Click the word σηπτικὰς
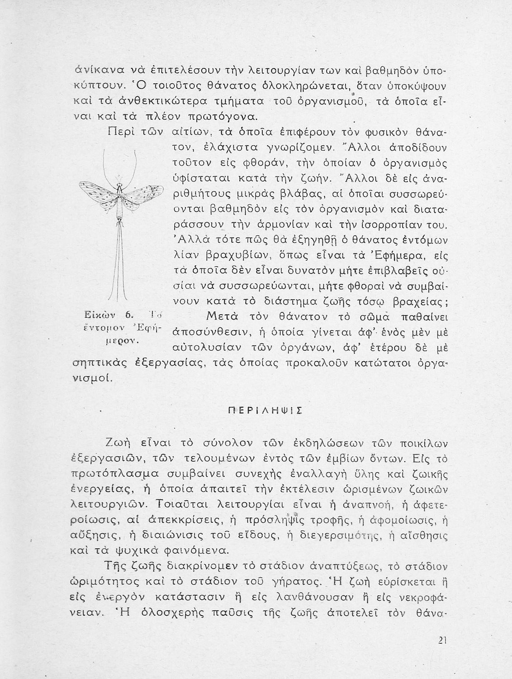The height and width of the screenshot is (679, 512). coord(98,363)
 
